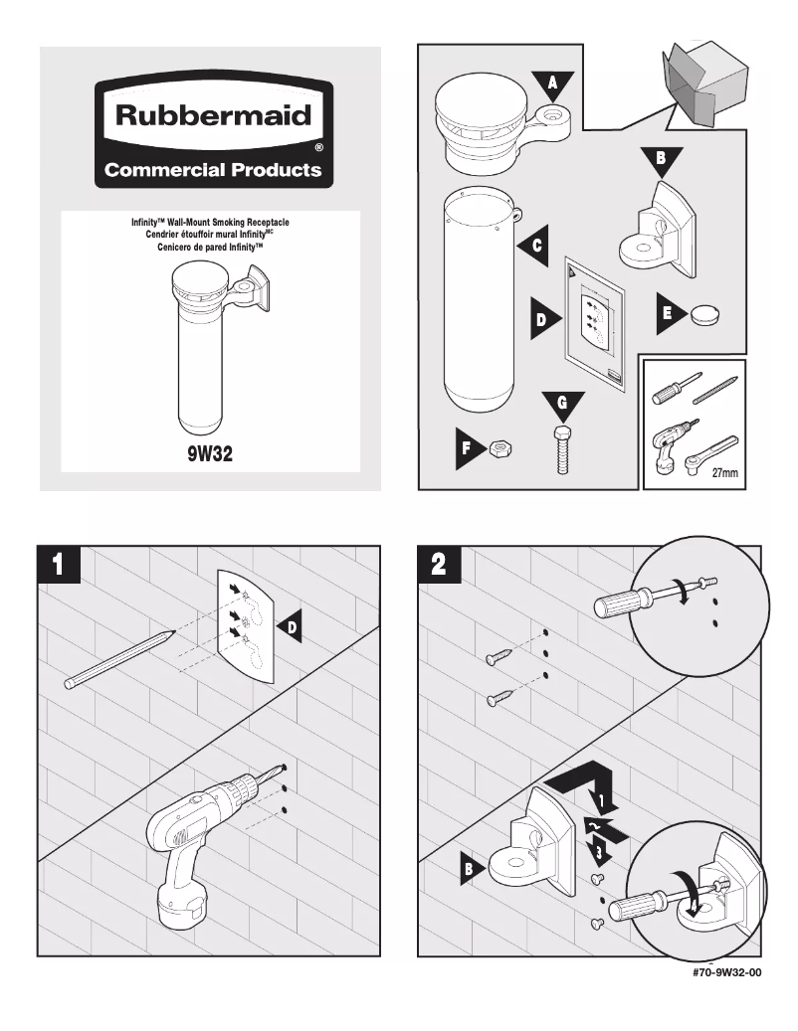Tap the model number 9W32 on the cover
pos(210,453)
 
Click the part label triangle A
pos(552,86)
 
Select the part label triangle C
pos(534,246)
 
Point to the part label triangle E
pos(670,313)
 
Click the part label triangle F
pos(469,448)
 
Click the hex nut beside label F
pos(500,449)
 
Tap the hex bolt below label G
pos(562,449)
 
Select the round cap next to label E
pos(704,313)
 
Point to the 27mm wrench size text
pos(725,473)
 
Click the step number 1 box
pos(59,564)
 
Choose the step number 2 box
pos(440,564)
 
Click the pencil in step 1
pos(119,659)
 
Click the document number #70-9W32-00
pos(726,972)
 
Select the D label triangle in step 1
pos(290,628)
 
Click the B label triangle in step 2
pos(472,869)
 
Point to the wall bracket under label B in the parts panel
pos(658,230)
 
